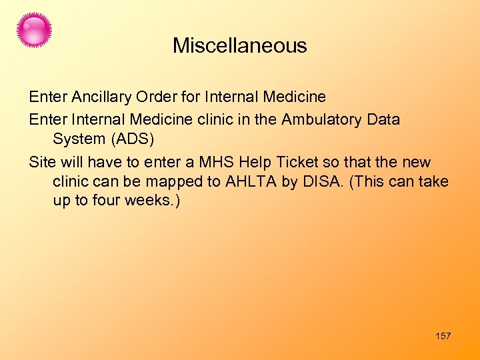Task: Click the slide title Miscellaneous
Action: pos(239,45)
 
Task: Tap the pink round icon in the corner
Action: pos(34,30)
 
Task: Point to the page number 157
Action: pos(443,336)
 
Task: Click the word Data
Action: pos(383,120)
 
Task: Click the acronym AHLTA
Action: pos(251,182)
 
